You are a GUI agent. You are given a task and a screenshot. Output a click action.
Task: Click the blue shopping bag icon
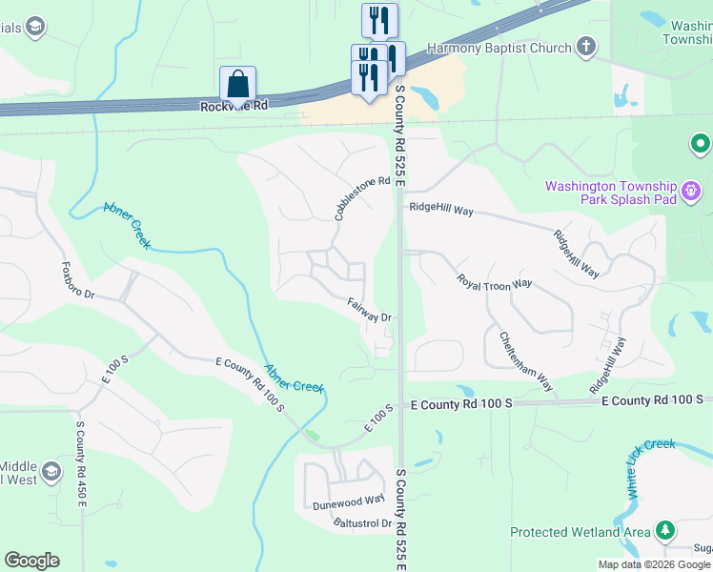pos(237,84)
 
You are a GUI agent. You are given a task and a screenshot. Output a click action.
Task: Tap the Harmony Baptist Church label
pos(499,47)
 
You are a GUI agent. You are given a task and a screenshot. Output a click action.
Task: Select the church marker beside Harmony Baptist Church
pos(585,46)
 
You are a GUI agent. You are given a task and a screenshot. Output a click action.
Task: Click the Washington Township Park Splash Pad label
pos(610,193)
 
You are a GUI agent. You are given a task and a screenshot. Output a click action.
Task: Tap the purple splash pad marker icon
pos(693,193)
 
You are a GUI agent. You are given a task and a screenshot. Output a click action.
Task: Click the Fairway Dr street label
pos(370,310)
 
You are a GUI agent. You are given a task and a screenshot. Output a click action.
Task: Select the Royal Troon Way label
pos(494,283)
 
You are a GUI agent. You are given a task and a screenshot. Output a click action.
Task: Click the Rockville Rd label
pos(234,105)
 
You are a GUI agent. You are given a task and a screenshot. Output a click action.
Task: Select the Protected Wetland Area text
pos(580,532)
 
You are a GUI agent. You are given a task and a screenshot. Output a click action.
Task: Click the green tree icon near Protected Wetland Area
pos(664,530)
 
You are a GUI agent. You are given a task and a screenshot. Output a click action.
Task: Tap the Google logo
pos(31,561)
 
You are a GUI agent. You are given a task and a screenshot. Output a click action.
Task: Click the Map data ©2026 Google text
pos(653,564)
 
